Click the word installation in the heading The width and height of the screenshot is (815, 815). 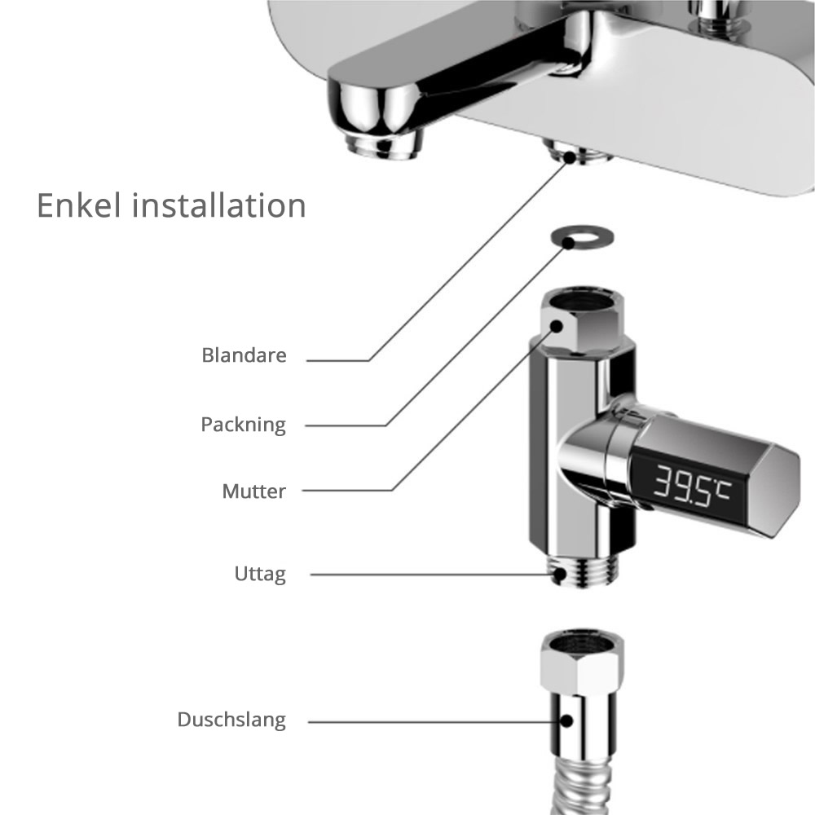point(219,205)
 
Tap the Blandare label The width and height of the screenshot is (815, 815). point(244,356)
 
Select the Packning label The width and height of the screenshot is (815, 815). point(244,425)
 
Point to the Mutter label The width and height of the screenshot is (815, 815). point(253,491)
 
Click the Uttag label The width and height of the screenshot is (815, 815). point(260,574)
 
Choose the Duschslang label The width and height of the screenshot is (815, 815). point(231,720)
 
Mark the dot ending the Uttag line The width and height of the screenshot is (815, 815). point(560,574)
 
